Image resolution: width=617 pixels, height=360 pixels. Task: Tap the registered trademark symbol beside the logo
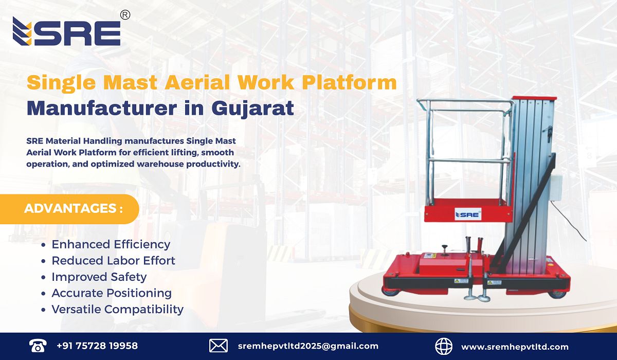click(125, 15)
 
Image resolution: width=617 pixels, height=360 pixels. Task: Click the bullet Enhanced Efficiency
click(111, 244)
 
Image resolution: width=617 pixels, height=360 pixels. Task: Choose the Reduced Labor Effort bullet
click(113, 261)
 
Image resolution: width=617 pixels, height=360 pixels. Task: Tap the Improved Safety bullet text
click(99, 277)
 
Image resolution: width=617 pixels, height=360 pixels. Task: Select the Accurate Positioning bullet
click(112, 293)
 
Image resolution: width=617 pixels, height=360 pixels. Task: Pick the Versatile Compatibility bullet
click(117, 309)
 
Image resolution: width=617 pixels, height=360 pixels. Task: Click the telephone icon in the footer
click(37, 346)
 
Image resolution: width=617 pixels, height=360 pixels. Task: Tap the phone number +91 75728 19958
click(97, 346)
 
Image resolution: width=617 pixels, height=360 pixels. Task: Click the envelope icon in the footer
click(218, 346)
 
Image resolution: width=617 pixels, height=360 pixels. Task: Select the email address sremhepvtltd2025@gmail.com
click(308, 346)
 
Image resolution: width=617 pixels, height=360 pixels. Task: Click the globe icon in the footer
click(443, 346)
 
